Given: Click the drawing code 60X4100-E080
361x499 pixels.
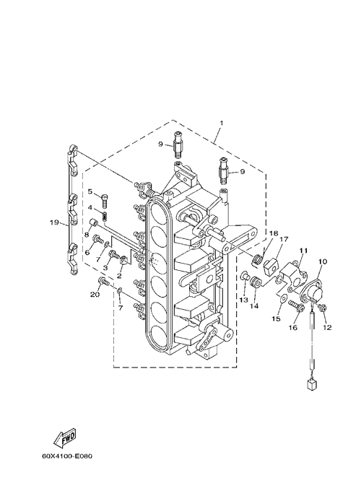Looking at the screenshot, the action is [67, 456].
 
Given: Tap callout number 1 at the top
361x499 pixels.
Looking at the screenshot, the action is [222, 123].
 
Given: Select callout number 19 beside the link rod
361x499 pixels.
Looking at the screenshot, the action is [54, 222].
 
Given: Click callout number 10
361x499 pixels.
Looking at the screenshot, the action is [323, 261].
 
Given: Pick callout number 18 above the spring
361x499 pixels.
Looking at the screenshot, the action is [274, 233].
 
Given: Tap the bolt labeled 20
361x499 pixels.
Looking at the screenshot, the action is [104, 281].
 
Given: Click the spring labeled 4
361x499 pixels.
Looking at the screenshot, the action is [104, 216].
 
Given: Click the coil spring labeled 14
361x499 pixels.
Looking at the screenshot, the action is [256, 282].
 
